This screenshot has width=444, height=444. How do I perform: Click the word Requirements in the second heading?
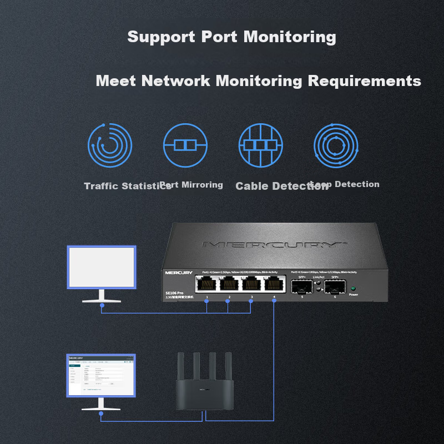(364, 81)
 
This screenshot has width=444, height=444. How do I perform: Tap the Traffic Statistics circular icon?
(110, 145)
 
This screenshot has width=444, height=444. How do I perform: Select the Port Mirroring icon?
(185, 145)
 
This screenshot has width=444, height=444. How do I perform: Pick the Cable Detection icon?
(260, 145)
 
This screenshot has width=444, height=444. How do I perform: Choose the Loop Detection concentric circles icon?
(336, 145)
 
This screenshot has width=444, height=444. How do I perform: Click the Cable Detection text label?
(281, 186)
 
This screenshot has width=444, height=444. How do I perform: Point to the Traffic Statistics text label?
(128, 186)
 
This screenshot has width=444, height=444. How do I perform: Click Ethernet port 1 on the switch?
(206, 284)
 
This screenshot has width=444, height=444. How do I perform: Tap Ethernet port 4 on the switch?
(274, 284)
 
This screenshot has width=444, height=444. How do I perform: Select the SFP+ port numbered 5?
(302, 287)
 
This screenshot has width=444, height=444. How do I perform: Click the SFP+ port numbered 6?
(335, 287)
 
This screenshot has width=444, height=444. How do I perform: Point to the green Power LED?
(353, 289)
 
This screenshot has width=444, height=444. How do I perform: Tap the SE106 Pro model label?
(175, 293)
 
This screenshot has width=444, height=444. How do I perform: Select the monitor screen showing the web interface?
(100, 375)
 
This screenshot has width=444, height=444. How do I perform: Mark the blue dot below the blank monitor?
(102, 305)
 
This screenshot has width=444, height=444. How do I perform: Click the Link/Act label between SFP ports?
(319, 277)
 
